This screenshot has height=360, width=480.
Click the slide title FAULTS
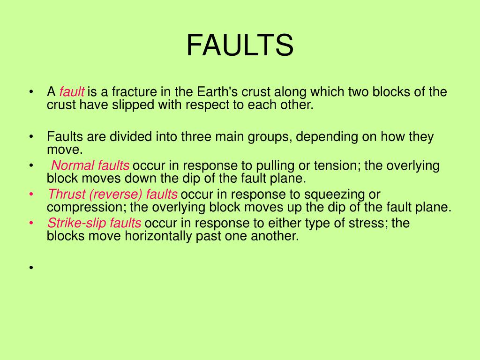[x=240, y=45]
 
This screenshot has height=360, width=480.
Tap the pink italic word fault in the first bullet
[x=72, y=91]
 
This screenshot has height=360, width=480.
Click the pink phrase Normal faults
[x=90, y=165]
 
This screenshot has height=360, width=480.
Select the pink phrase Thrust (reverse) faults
[x=112, y=194]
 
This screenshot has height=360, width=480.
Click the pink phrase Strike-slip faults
[x=94, y=223]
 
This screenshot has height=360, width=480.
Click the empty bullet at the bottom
[x=31, y=268]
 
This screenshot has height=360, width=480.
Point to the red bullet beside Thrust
[x=31, y=194]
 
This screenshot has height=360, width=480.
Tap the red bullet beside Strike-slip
[x=31, y=223]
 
